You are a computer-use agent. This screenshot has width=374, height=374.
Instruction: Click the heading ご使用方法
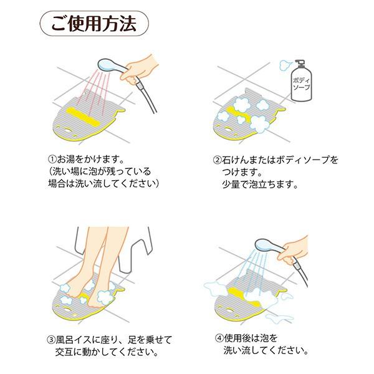[94, 24]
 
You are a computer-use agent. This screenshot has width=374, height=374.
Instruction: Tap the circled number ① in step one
[52, 159]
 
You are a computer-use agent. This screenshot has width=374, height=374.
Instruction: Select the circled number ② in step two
[217, 160]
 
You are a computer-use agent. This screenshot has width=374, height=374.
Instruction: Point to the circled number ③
[51, 340]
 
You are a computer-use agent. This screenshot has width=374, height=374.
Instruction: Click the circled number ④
[219, 338]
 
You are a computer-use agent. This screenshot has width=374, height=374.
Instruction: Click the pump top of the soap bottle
[300, 64]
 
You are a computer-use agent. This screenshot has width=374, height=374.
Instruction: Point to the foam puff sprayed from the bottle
[285, 65]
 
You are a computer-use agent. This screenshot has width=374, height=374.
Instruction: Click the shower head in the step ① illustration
[112, 65]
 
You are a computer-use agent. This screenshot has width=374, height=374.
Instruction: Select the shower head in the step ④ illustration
[269, 246]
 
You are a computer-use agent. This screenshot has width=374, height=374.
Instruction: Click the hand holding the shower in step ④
[294, 250]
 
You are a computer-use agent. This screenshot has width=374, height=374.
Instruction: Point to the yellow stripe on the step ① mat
[82, 117]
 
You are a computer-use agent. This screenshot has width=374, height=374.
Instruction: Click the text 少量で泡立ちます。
[260, 184]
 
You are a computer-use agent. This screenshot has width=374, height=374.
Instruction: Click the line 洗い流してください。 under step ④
[266, 350]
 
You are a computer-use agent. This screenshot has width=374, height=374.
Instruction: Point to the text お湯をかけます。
[90, 159]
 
